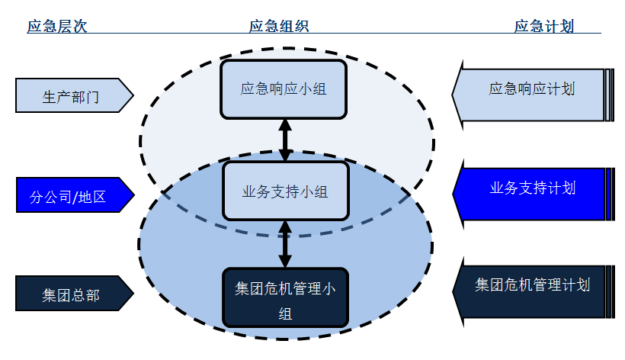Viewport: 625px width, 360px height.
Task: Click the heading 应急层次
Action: pyautogui.click(x=57, y=26)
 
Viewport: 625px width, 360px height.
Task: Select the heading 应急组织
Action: pyautogui.click(x=279, y=26)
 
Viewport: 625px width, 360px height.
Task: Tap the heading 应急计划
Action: pyautogui.click(x=543, y=26)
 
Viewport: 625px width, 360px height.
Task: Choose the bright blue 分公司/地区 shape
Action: pyautogui.click(x=69, y=196)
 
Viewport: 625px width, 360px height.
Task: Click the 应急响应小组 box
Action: pyautogui.click(x=284, y=89)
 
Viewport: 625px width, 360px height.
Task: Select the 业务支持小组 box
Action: pyautogui.click(x=285, y=191)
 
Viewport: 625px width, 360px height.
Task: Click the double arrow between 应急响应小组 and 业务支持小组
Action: pyautogui.click(x=285, y=140)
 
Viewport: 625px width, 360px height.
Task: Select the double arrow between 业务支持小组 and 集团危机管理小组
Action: pyautogui.click(x=285, y=244)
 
